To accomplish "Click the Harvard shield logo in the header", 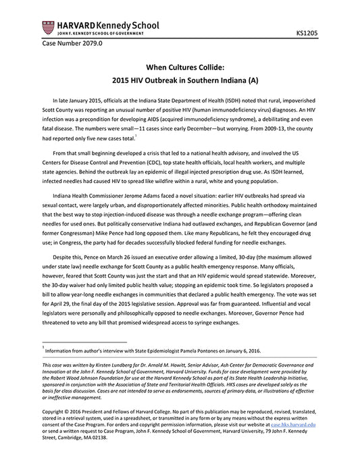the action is pyautogui.click(x=48, y=27).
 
